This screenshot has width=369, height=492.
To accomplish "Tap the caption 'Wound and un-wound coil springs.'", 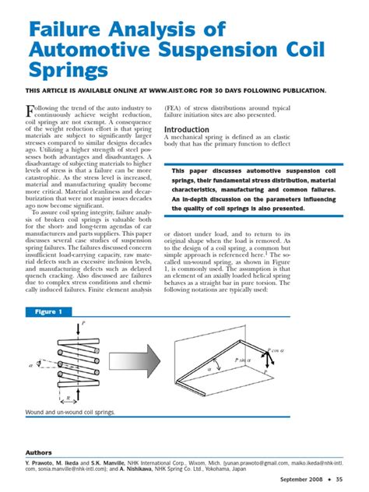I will (70, 412).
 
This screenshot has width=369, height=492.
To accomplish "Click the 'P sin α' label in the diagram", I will (244, 360).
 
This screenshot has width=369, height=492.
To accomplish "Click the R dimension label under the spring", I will (69, 398).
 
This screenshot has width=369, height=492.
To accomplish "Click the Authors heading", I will (39, 452).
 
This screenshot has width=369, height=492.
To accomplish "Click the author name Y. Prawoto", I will (43, 462).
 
